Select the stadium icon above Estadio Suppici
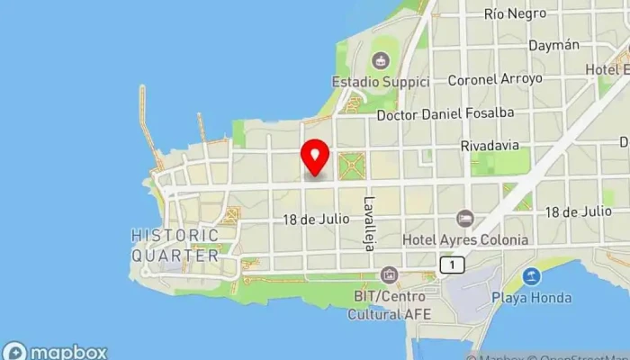[x=381, y=61]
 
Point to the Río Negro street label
[x=515, y=13]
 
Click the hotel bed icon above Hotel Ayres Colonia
[x=464, y=219]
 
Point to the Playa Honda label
[x=533, y=296]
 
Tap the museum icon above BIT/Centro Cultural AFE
[x=388, y=274]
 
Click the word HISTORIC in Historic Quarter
[x=175, y=236]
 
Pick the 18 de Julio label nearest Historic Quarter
[x=314, y=220]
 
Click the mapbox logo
[x=56, y=351]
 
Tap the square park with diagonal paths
[x=352, y=166]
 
